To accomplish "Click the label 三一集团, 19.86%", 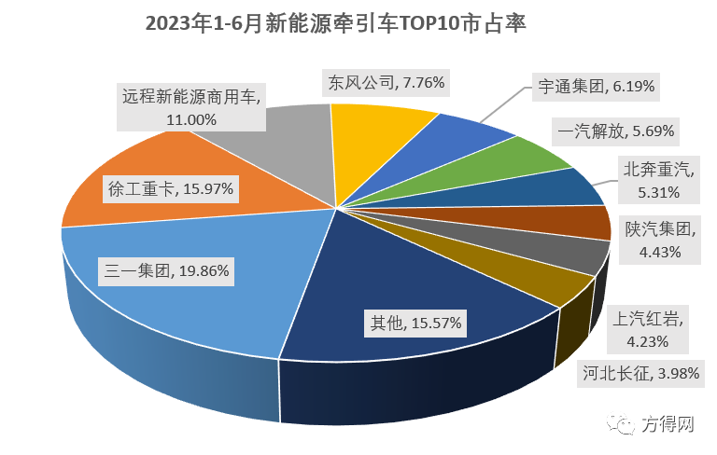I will click(x=166, y=272).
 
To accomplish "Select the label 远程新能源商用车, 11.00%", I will click(x=192, y=106).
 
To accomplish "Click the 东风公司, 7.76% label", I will click(x=387, y=83).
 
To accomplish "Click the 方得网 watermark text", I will click(x=668, y=426).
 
